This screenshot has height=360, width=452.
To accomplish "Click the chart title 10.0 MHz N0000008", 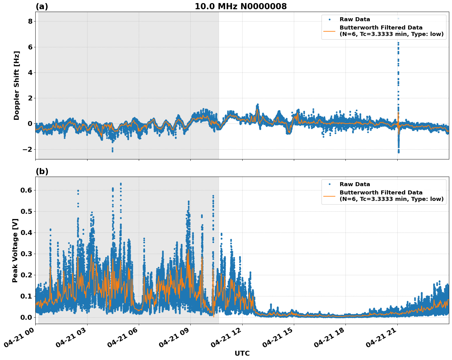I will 240,6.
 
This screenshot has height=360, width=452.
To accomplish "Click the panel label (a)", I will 42,6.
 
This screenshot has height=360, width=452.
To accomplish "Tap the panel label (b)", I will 42,171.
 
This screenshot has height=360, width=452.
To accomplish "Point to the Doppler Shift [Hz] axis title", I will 17,85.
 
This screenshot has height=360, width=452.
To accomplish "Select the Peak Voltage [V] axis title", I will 15,250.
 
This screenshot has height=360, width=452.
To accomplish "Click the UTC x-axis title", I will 242,354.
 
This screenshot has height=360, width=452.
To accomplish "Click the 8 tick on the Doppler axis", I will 30,21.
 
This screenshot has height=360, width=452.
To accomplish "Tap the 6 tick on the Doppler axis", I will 30,47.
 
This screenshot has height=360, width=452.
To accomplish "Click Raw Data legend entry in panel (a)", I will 355,19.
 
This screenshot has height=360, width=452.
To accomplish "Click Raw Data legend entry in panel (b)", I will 355,184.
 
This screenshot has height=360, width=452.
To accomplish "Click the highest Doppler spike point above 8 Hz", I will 398,19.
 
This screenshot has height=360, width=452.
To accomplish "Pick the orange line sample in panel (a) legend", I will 329,31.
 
